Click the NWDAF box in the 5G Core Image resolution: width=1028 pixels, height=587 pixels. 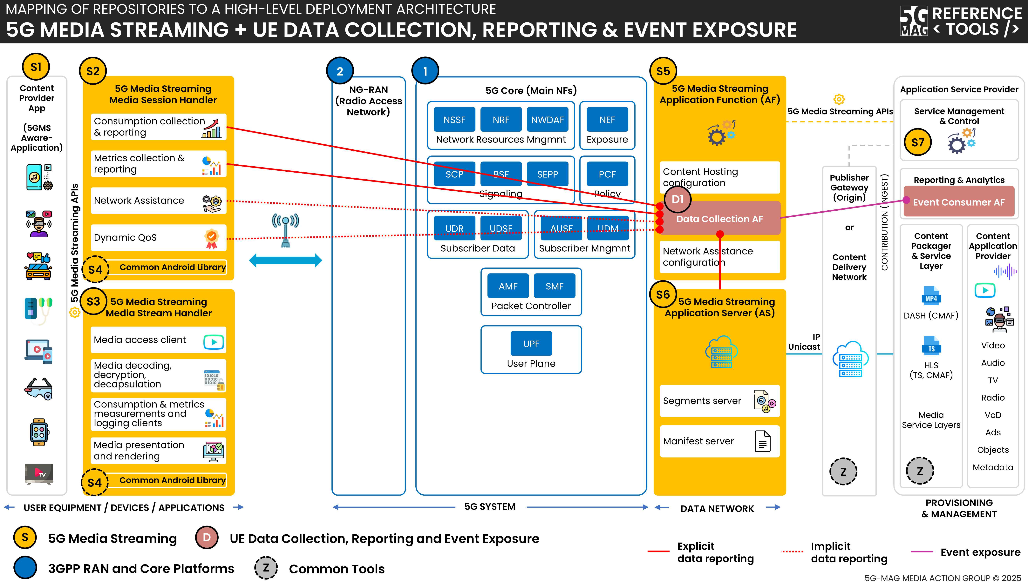(x=548, y=120)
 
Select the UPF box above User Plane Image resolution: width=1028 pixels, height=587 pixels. (x=531, y=344)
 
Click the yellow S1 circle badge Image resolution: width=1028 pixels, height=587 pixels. (x=36, y=67)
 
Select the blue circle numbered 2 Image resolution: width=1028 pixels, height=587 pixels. (x=340, y=71)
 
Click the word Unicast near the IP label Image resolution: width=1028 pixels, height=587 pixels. (x=804, y=347)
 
